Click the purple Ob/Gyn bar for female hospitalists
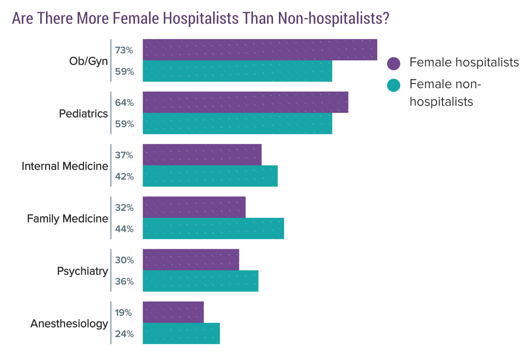(260, 50)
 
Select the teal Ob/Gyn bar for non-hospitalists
(237, 71)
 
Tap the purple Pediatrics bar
(245, 103)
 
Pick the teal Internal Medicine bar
(210, 176)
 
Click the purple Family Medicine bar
(194, 207)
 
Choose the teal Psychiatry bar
(201, 281)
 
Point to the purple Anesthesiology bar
(173, 312)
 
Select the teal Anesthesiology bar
(181, 334)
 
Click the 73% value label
(124, 50)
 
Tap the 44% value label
(124, 229)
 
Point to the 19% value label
(123, 313)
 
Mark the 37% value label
(124, 155)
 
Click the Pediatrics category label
(83, 114)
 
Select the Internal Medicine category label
(65, 166)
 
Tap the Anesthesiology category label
(69, 324)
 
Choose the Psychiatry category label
(82, 271)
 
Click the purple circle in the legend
(394, 63)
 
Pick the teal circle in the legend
(394, 85)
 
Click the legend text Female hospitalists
(464, 62)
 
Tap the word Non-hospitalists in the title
(333, 18)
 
